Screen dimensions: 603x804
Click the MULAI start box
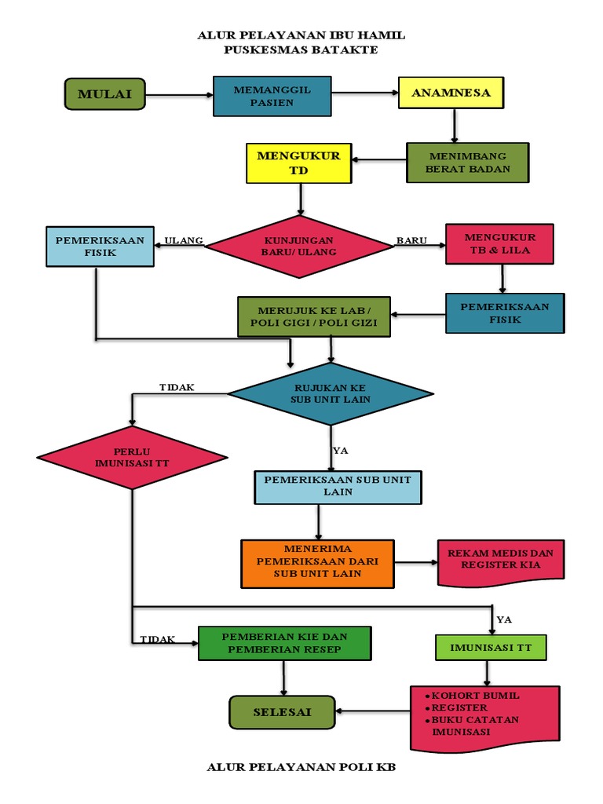pyautogui.click(x=105, y=94)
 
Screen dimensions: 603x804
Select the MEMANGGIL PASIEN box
pyautogui.click(x=272, y=97)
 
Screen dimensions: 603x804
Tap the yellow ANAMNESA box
pyautogui.click(x=451, y=93)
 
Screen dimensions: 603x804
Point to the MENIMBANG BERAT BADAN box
pyautogui.click(x=468, y=163)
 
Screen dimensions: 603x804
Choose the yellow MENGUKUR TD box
pyautogui.click(x=299, y=163)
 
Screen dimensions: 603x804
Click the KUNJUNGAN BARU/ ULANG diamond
pyautogui.click(x=299, y=247)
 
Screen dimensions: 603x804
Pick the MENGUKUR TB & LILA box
pyautogui.click(x=500, y=244)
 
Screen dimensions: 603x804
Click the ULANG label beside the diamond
pyautogui.click(x=184, y=240)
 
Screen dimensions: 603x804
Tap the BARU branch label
pyautogui.click(x=411, y=240)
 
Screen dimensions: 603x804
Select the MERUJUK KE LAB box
pyautogui.click(x=314, y=317)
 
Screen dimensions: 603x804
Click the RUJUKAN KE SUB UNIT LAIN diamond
pyautogui.click(x=331, y=394)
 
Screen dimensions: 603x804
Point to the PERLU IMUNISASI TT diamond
pyautogui.click(x=132, y=458)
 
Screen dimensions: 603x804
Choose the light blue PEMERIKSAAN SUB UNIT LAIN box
pyautogui.click(x=338, y=487)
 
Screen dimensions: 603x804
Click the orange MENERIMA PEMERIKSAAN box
pyautogui.click(x=317, y=564)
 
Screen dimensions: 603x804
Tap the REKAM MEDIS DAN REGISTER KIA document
pyautogui.click(x=500, y=562)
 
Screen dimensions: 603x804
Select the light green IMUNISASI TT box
pyautogui.click(x=491, y=648)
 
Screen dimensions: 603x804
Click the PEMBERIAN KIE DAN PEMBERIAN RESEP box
pyautogui.click(x=284, y=643)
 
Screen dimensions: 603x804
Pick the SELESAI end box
pyautogui.click(x=282, y=712)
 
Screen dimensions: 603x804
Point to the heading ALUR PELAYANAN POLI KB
pyautogui.click(x=301, y=767)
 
